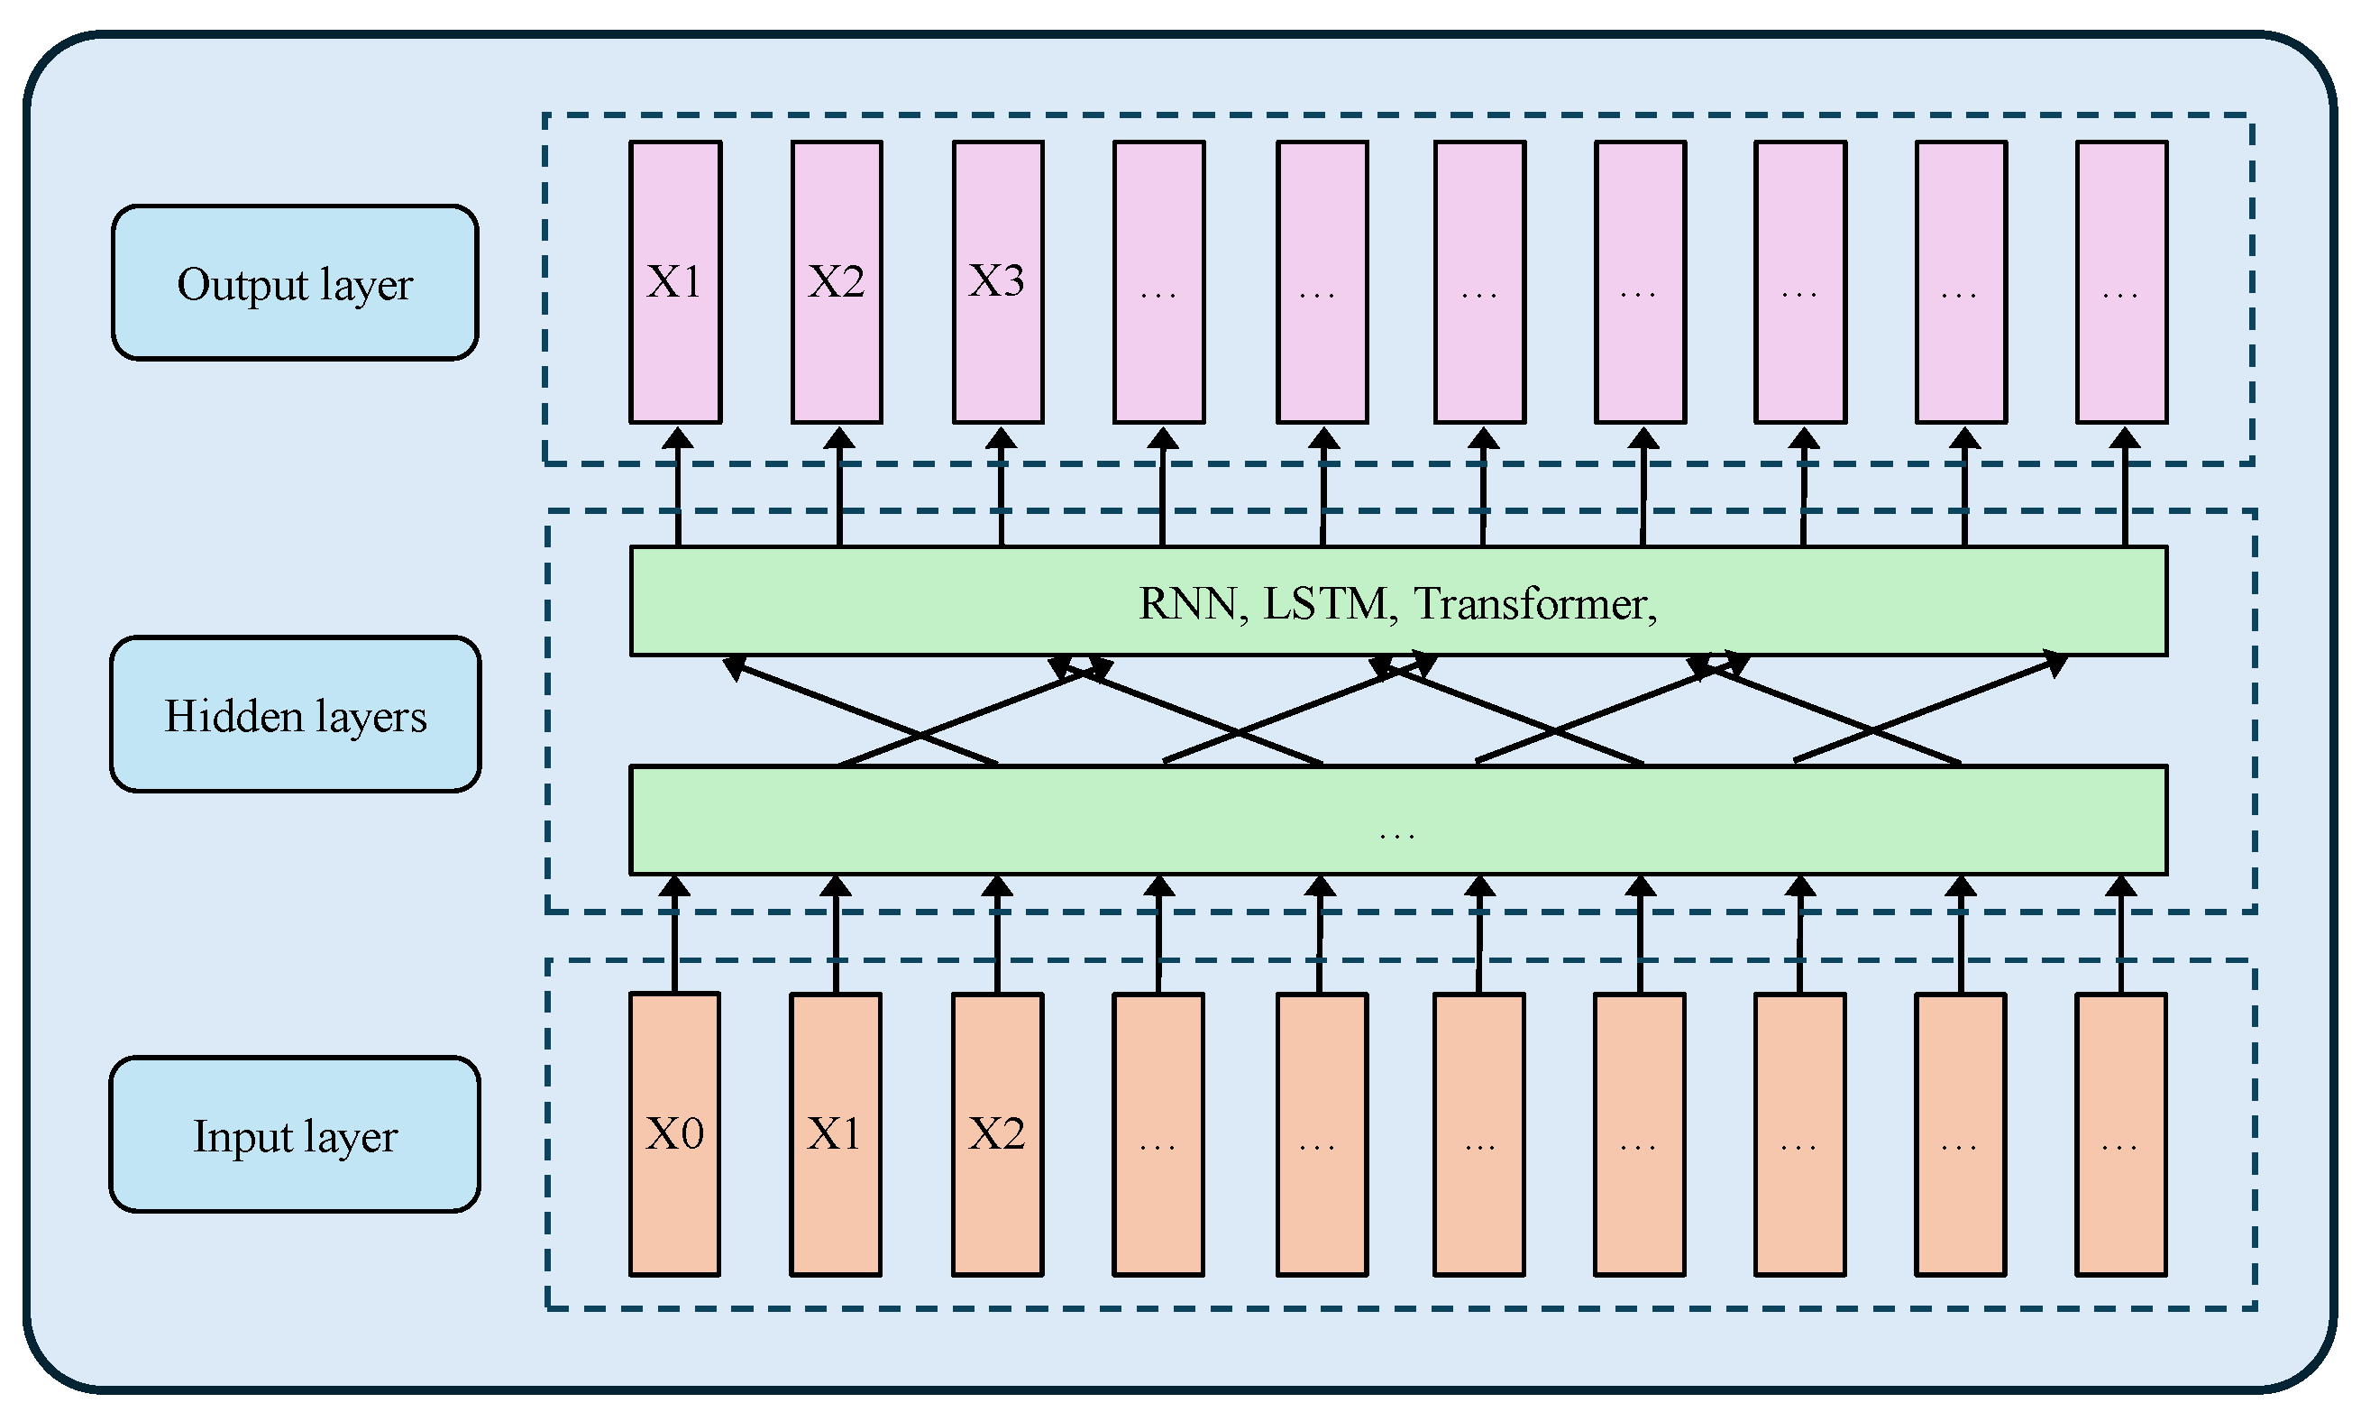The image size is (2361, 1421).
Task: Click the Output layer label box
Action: [x=295, y=283]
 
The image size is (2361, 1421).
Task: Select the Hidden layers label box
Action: [x=295, y=715]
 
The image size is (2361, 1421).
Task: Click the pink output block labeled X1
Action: [x=675, y=282]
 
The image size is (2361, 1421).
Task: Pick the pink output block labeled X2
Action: [x=837, y=282]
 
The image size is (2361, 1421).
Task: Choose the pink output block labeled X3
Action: [x=998, y=282]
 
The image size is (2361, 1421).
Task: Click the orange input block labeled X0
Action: [x=674, y=1134]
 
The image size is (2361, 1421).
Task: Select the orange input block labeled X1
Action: [x=835, y=1134]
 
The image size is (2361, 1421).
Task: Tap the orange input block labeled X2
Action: [x=997, y=1134]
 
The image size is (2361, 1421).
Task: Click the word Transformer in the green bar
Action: [x=1529, y=603]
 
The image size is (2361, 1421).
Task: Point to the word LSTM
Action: [x=1325, y=603]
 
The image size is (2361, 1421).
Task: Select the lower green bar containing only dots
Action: [x=1398, y=821]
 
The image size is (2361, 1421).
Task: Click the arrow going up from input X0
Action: [x=674, y=933]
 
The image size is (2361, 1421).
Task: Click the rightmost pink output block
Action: [x=2121, y=282]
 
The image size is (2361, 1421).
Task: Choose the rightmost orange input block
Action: [x=2120, y=1134]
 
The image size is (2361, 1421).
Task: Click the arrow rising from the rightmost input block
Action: [x=2121, y=933]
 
